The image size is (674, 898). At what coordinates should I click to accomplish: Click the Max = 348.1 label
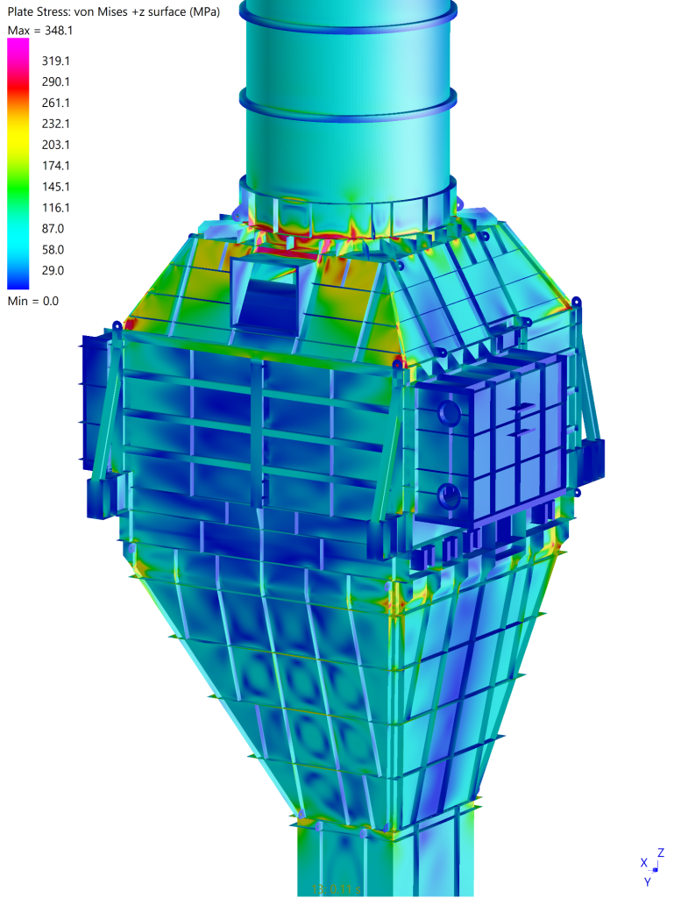pos(39,31)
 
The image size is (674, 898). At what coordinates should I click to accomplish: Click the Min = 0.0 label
pos(33,301)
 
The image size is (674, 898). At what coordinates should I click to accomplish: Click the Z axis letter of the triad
pos(660,852)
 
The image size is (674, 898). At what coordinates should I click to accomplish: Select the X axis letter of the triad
pos(643,863)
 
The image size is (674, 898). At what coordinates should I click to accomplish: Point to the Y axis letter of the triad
pos(648,881)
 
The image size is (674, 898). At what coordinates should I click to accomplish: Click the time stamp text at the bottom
pos(336,889)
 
